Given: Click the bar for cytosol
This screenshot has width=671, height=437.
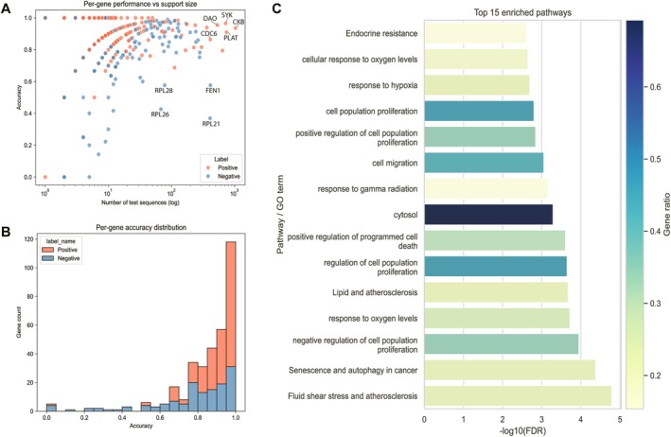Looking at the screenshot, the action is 488,215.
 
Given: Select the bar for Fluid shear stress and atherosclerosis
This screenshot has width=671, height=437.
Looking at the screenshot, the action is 518,396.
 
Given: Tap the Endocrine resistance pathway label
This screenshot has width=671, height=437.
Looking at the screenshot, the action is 381,33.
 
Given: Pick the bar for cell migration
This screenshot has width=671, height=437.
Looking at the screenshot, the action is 484,163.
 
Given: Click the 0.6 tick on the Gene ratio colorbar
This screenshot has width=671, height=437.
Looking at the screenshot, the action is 653,87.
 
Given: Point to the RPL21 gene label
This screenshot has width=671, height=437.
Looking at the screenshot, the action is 211,124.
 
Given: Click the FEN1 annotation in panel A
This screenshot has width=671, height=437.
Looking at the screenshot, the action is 213,91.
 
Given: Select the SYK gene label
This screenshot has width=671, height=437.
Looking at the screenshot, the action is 227,15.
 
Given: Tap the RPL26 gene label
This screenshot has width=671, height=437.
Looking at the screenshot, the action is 160,114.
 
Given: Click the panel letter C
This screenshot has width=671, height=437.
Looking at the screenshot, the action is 276,9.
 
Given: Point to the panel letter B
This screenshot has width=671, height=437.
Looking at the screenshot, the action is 6,232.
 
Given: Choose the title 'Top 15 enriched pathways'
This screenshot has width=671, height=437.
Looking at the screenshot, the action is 522,13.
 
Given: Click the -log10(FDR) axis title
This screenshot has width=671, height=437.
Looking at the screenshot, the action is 522,431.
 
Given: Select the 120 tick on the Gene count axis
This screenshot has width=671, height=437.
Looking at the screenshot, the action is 28,239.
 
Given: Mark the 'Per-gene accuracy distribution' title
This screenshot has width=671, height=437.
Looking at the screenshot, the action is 141,227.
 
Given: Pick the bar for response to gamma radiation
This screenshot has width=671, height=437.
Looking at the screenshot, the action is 486,189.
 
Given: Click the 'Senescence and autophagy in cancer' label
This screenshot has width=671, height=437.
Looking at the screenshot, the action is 353,370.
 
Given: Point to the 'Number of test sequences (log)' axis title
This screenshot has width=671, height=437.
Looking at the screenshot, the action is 140,202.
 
